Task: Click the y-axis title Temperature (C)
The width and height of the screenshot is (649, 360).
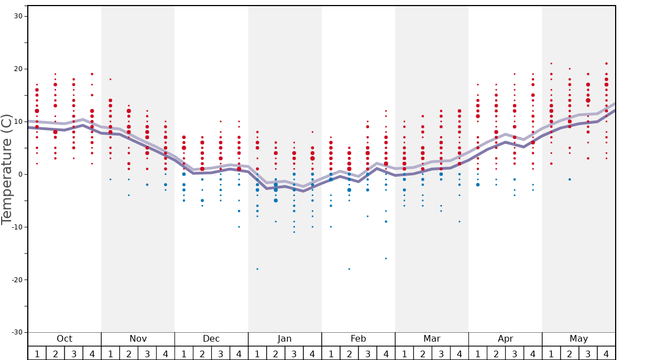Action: click(x=7, y=169)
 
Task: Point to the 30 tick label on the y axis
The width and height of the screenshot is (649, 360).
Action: click(x=18, y=16)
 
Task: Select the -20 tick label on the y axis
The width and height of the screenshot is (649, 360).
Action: click(x=16, y=279)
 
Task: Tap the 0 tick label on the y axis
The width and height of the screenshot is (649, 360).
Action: click(x=20, y=174)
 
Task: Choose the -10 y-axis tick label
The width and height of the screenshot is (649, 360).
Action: click(x=16, y=227)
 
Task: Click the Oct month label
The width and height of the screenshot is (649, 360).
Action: click(x=64, y=339)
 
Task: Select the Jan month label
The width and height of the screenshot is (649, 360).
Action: click(x=284, y=339)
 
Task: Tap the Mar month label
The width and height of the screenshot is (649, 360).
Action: click(x=432, y=339)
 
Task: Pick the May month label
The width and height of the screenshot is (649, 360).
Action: click(x=578, y=339)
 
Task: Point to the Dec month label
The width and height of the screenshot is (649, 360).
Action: click(x=211, y=339)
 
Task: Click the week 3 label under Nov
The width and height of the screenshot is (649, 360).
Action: click(x=147, y=353)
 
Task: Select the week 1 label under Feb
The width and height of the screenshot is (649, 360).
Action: click(x=331, y=353)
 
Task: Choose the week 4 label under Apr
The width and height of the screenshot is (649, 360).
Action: click(x=533, y=353)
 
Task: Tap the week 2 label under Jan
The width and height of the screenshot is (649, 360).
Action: click(x=276, y=353)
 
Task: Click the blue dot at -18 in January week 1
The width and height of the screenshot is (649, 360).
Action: click(x=257, y=269)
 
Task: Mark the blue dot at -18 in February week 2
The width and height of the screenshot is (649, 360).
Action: click(x=349, y=269)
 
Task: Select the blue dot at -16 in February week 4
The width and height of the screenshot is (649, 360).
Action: click(x=386, y=258)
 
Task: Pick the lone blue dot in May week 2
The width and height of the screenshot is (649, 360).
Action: click(x=570, y=179)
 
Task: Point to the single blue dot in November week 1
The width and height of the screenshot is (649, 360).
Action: click(x=111, y=179)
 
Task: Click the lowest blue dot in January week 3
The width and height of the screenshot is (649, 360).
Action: click(x=294, y=232)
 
